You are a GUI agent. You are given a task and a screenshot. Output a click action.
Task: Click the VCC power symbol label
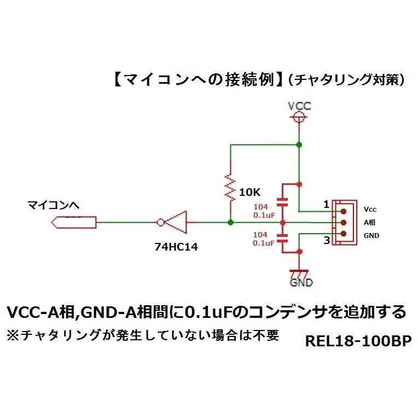[x=299, y=106]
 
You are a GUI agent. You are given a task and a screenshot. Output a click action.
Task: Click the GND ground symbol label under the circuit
[x=301, y=282]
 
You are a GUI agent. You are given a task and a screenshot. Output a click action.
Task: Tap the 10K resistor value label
[x=251, y=193]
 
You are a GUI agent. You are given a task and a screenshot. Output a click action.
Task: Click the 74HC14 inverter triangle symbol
[x=173, y=222]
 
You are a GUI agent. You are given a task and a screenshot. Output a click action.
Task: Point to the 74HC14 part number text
[x=175, y=247]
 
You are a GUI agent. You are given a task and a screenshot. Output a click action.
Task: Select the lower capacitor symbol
[x=282, y=239]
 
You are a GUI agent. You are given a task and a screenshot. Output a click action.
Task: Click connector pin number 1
[x=326, y=204]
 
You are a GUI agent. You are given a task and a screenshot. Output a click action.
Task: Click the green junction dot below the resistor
[x=230, y=222]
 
